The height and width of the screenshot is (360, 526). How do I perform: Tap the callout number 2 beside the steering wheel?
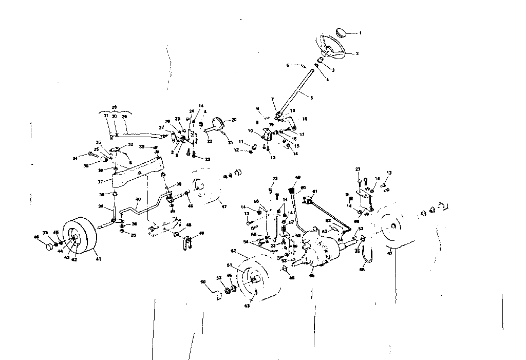tap(357, 53)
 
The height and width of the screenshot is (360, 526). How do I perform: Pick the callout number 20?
tap(234, 120)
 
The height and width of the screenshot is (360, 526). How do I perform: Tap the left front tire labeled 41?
tap(81, 237)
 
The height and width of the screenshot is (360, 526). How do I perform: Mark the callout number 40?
tap(138, 199)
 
